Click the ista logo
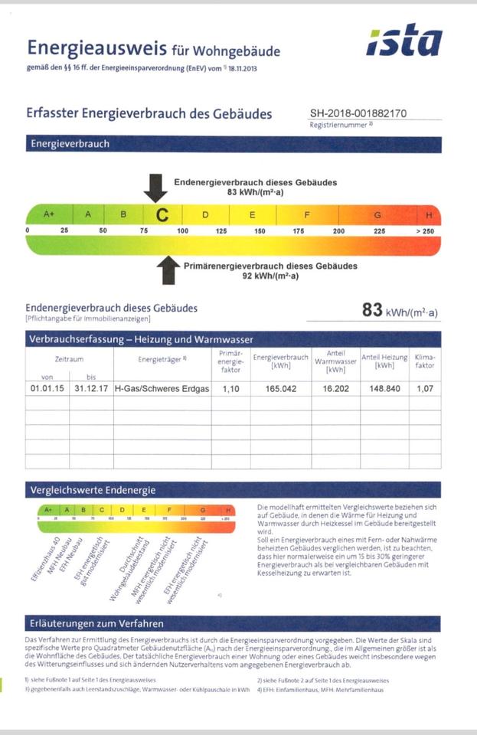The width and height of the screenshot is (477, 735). click(x=404, y=43)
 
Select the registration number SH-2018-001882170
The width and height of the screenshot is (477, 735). click(x=358, y=113)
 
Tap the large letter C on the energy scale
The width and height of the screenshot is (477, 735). click(x=162, y=215)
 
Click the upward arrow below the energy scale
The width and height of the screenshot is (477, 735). click(x=166, y=270)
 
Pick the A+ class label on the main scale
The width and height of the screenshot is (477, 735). click(x=49, y=214)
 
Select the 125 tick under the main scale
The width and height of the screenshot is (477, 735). click(x=221, y=230)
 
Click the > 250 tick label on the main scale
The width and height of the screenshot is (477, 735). click(x=426, y=230)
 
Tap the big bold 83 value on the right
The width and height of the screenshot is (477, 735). click(x=372, y=310)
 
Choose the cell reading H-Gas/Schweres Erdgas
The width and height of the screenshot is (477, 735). click(x=162, y=389)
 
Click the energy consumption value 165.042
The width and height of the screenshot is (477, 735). click(x=280, y=389)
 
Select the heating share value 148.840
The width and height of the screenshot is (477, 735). click(x=384, y=389)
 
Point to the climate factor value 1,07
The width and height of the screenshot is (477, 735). click(x=424, y=389)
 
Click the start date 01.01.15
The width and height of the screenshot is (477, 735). click(x=47, y=389)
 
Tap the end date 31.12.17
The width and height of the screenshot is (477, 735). click(x=91, y=389)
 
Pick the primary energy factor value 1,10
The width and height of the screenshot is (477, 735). click(x=230, y=389)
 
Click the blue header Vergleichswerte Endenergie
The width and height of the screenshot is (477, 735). click(x=93, y=490)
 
